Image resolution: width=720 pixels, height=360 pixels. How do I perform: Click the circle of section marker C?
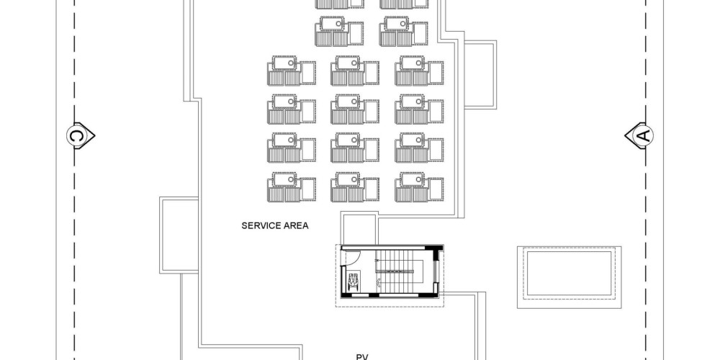pyautogui.click(x=76, y=136)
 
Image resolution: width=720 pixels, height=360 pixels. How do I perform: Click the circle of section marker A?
pyautogui.click(x=644, y=135)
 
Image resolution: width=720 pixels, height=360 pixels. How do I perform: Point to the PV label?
pyautogui.click(x=363, y=357)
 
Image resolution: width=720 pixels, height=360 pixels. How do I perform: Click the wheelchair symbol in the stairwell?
pyautogui.click(x=354, y=281)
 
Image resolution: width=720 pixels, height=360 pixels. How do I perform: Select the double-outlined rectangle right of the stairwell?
pyautogui.click(x=569, y=277)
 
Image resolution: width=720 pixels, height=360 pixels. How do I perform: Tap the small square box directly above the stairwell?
pyautogui.click(x=359, y=228)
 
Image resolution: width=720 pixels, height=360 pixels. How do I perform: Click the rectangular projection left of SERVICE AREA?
pyautogui.click(x=179, y=235)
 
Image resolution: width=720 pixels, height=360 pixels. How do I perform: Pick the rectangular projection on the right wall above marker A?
pyautogui.click(x=480, y=74)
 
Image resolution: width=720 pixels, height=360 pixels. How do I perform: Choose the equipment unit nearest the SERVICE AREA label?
pyautogui.click(x=291, y=187)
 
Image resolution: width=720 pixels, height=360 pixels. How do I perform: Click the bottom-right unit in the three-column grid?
pyautogui.click(x=419, y=187)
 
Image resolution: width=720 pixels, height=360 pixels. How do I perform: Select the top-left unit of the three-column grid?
pyautogui.click(x=291, y=71)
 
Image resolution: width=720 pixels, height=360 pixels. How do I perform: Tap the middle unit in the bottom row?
pyautogui.click(x=354, y=187)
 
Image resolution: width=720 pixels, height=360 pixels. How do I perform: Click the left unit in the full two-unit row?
pyautogui.click(x=339, y=31)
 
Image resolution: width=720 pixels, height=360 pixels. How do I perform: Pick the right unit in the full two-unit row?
pyautogui.click(x=403, y=31)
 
